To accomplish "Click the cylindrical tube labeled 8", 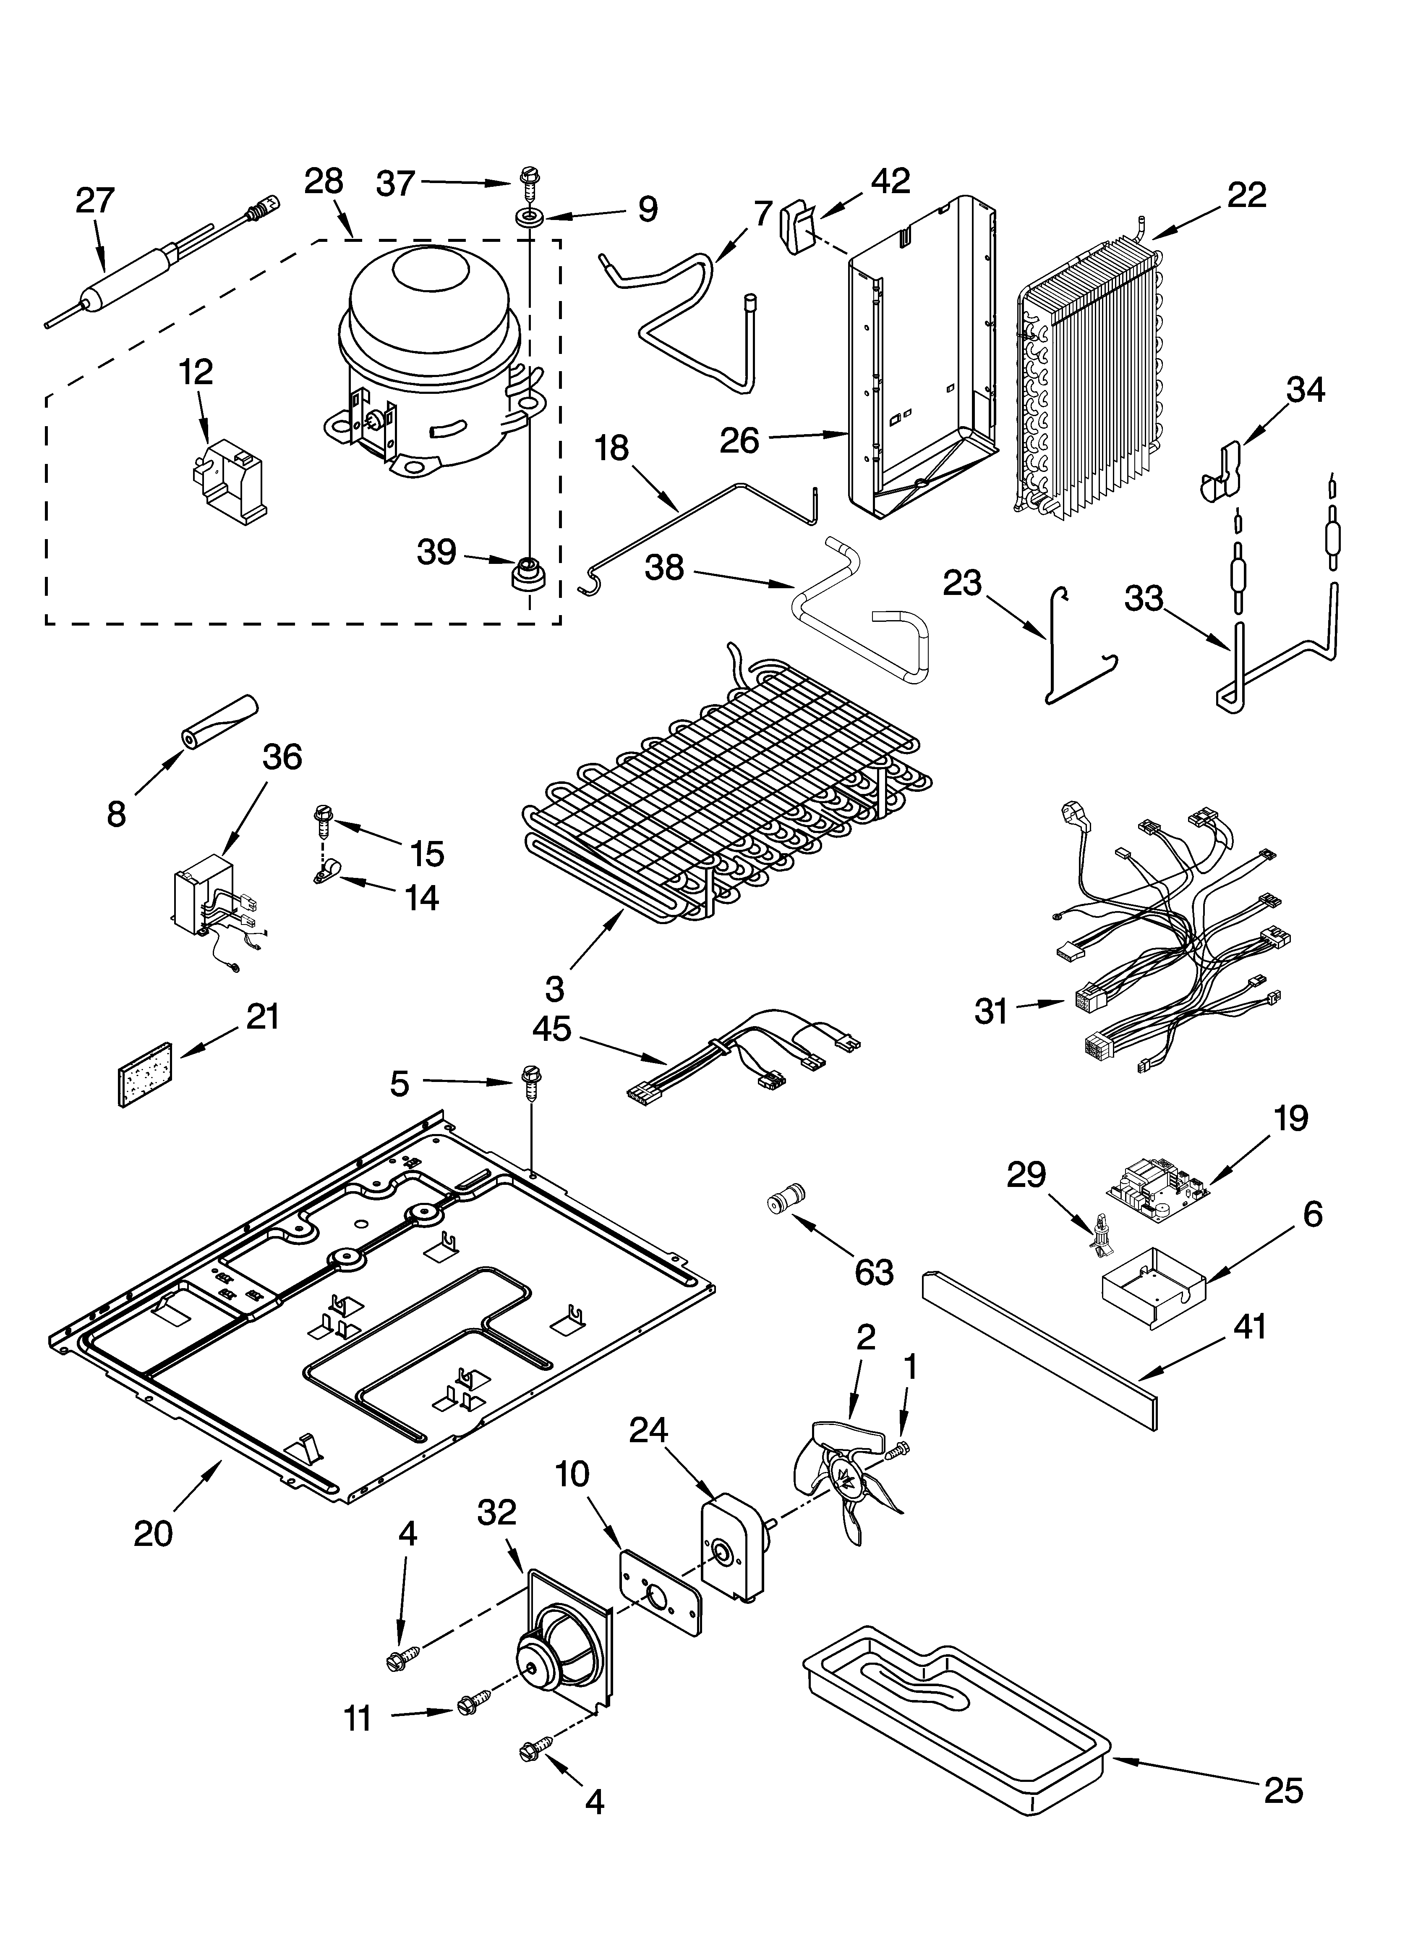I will click(x=218, y=715).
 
